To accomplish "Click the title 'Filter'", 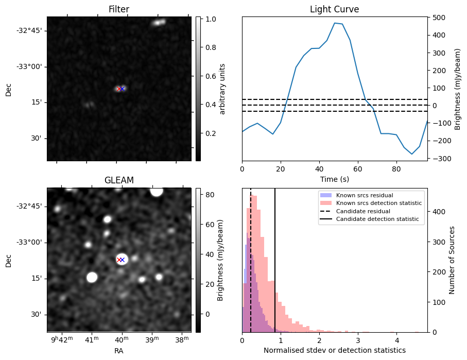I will click(x=118, y=9).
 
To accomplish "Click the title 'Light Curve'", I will click(x=334, y=9).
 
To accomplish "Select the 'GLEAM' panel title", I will click(x=118, y=180).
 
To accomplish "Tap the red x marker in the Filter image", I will click(x=119, y=89).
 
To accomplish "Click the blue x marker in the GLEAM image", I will click(x=123, y=260).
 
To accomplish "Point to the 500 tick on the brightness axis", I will click(x=439, y=18).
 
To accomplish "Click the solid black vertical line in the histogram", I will click(x=275, y=258).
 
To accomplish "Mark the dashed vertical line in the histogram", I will click(x=251, y=258).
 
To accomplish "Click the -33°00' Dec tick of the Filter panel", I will click(x=31, y=66).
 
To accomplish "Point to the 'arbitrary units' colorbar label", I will click(x=222, y=89).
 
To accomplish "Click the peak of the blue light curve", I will click(x=335, y=23).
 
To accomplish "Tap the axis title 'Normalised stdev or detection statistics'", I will click(x=334, y=350).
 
